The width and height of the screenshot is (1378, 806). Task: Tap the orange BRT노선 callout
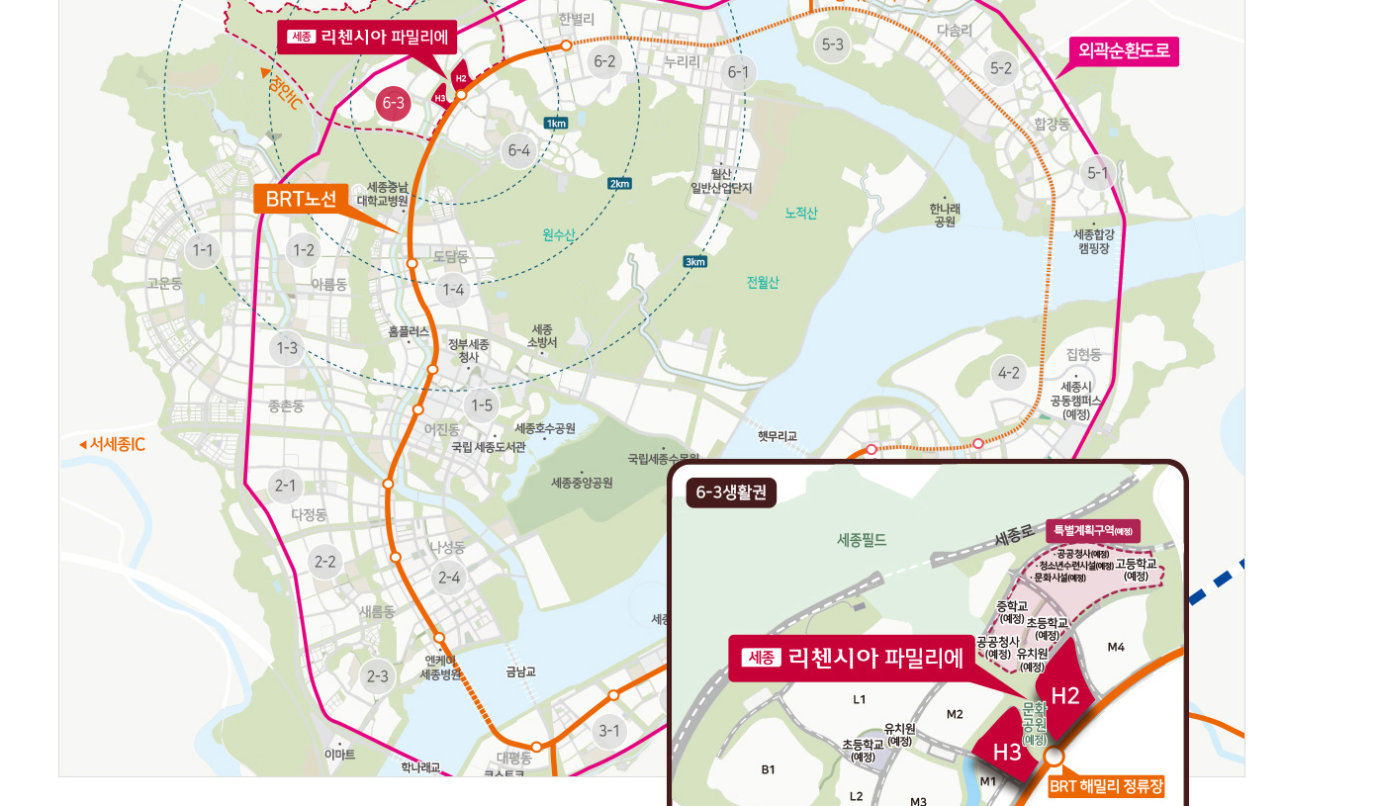pyautogui.click(x=302, y=199)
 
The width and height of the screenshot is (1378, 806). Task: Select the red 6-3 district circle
pyautogui.click(x=393, y=103)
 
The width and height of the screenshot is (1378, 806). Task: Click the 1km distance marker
pyautogui.click(x=556, y=124)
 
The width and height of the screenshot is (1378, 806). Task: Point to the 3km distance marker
pyautogui.click(x=695, y=262)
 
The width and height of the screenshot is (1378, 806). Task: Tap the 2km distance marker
pyautogui.click(x=619, y=184)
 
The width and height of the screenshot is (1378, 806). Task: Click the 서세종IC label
pyautogui.click(x=113, y=445)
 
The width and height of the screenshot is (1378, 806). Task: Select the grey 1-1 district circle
pyautogui.click(x=203, y=250)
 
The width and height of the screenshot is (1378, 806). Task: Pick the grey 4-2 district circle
pyautogui.click(x=1009, y=373)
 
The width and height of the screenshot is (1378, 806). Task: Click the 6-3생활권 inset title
pyautogui.click(x=732, y=493)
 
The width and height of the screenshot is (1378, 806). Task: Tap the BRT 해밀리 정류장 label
pyautogui.click(x=1106, y=787)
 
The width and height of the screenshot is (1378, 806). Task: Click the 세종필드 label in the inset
pyautogui.click(x=862, y=540)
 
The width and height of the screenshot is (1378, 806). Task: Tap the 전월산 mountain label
pyautogui.click(x=763, y=283)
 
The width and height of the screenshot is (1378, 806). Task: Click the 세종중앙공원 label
pyautogui.click(x=582, y=483)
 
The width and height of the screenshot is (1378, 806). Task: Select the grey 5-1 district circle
pyautogui.click(x=1098, y=173)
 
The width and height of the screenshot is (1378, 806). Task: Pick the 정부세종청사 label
pyautogui.click(x=469, y=350)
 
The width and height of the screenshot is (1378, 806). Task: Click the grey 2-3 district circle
pyautogui.click(x=377, y=676)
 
